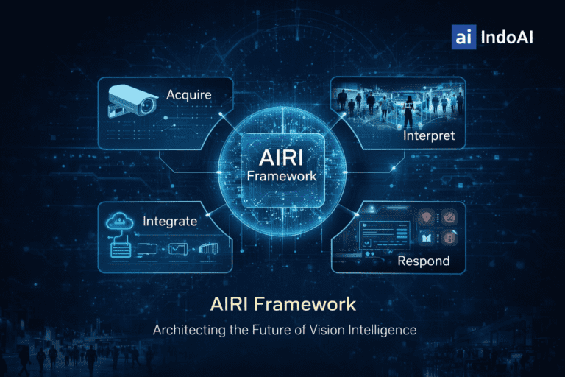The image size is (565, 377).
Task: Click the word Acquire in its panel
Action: (x=189, y=96)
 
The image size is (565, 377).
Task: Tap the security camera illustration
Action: (x=133, y=102)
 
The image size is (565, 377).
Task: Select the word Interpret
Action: (x=429, y=137)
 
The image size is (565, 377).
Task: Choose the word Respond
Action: (x=423, y=261)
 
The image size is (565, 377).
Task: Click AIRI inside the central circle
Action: (x=282, y=159)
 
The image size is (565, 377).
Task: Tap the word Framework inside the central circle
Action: (x=282, y=177)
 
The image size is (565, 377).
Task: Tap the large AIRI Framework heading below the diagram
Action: (x=282, y=304)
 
